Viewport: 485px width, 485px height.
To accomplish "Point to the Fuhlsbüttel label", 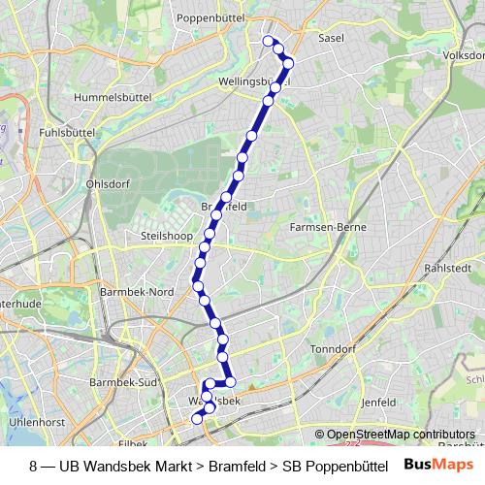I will click(67, 131).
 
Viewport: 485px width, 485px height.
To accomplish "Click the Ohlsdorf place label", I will click(107, 182).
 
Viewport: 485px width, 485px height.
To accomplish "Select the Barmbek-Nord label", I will click(137, 291).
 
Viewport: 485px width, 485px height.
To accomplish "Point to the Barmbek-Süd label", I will click(122, 382).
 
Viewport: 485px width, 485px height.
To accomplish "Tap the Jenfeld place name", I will click(379, 401).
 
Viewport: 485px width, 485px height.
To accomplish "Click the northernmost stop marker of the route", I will click(269, 41).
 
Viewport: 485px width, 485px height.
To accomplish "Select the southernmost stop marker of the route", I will click(197, 419).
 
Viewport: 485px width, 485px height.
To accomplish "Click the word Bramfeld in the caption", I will click(238, 466).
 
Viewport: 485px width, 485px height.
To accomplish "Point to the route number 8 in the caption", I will click(35, 466).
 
